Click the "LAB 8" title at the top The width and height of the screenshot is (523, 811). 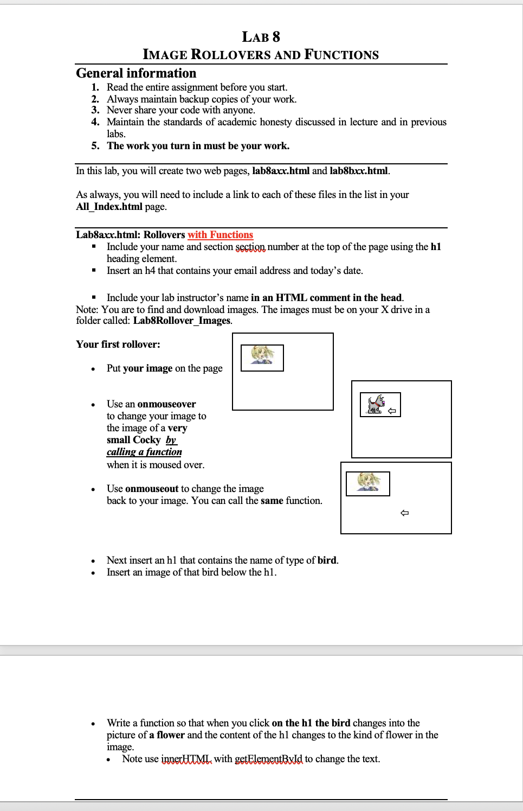(x=261, y=37)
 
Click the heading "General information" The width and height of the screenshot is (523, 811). (x=136, y=73)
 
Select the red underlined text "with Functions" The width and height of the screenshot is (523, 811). (x=220, y=235)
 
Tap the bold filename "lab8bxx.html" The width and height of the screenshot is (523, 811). (x=359, y=171)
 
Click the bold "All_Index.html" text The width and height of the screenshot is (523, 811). (x=109, y=207)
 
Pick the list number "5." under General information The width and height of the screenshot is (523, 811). (x=95, y=146)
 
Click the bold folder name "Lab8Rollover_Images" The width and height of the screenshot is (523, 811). (x=182, y=321)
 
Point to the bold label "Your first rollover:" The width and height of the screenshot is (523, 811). (x=118, y=344)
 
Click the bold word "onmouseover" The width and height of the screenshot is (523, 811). (x=166, y=404)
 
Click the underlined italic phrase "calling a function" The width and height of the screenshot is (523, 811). (x=144, y=452)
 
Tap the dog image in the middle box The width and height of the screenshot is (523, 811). (x=375, y=404)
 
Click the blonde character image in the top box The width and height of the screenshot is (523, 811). (x=262, y=356)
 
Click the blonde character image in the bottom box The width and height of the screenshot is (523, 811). (x=369, y=482)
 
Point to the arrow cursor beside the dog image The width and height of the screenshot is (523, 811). (x=392, y=411)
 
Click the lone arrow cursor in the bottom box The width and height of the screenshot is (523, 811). (x=404, y=513)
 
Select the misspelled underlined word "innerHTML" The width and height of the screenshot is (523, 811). (x=186, y=759)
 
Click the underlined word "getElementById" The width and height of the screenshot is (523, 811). (x=268, y=759)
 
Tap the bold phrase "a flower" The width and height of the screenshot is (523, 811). (x=167, y=735)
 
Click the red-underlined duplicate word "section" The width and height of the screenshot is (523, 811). (x=250, y=247)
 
